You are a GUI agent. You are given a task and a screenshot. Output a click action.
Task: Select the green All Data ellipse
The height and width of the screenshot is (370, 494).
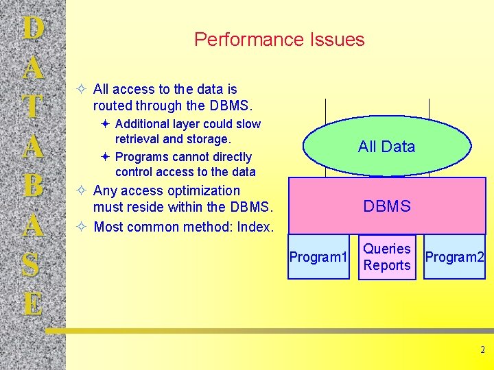click(386, 146)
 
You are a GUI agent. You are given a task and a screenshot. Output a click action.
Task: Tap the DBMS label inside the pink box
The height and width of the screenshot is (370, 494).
click(387, 206)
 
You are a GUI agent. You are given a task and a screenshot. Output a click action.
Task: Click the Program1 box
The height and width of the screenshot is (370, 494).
click(318, 257)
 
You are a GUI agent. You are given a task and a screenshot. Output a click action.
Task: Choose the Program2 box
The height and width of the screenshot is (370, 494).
click(455, 257)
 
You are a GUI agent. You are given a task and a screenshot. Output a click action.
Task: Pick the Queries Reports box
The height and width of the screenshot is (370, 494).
click(387, 257)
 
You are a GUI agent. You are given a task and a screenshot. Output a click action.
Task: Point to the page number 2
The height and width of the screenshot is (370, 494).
click(482, 350)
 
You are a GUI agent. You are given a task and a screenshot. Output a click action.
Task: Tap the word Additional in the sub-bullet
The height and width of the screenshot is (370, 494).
click(142, 124)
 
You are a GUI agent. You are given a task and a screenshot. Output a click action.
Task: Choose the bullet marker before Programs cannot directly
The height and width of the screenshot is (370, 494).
click(104, 157)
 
